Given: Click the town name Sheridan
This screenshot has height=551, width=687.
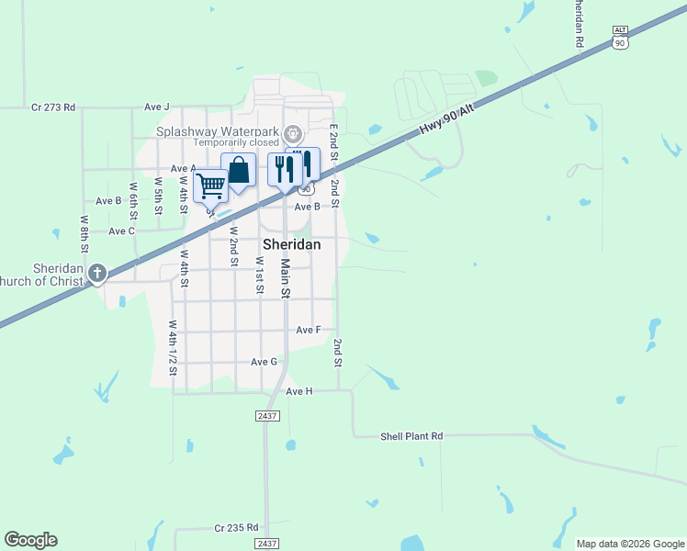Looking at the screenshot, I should [x=292, y=245].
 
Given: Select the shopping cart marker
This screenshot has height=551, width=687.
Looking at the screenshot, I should [x=211, y=186].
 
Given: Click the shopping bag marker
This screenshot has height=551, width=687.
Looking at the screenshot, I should [x=238, y=171].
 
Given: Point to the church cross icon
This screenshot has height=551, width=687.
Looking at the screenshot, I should [x=97, y=273].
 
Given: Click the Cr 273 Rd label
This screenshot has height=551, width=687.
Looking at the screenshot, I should [x=52, y=107].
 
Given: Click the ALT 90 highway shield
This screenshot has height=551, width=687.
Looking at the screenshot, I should [x=621, y=38].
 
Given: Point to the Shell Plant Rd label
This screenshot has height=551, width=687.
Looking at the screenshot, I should [x=411, y=436].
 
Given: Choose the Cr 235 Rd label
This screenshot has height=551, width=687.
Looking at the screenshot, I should [x=236, y=528].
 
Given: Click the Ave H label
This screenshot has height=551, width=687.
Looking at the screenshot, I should [x=299, y=391].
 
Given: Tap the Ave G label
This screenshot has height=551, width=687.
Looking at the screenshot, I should [x=265, y=362].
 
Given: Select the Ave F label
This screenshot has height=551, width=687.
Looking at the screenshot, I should [x=309, y=330].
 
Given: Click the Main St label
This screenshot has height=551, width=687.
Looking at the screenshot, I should [x=285, y=278].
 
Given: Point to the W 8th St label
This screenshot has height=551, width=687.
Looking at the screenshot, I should [x=84, y=233].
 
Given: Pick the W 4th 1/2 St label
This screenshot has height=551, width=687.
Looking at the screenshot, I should [x=172, y=349].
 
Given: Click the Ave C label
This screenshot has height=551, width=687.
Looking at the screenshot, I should [x=121, y=231].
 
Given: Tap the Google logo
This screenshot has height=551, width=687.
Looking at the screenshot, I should [x=30, y=540].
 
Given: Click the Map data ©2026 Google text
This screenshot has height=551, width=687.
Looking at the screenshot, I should [x=630, y=544].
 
